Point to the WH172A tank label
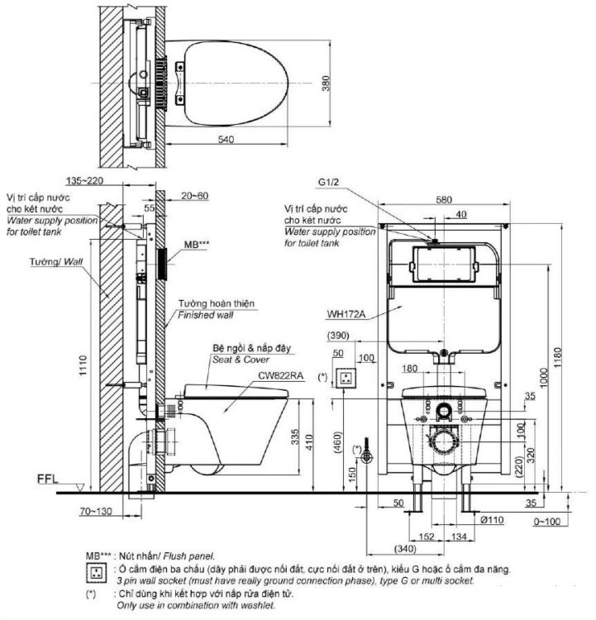pos(346,313)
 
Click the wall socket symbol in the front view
pos(349,378)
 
